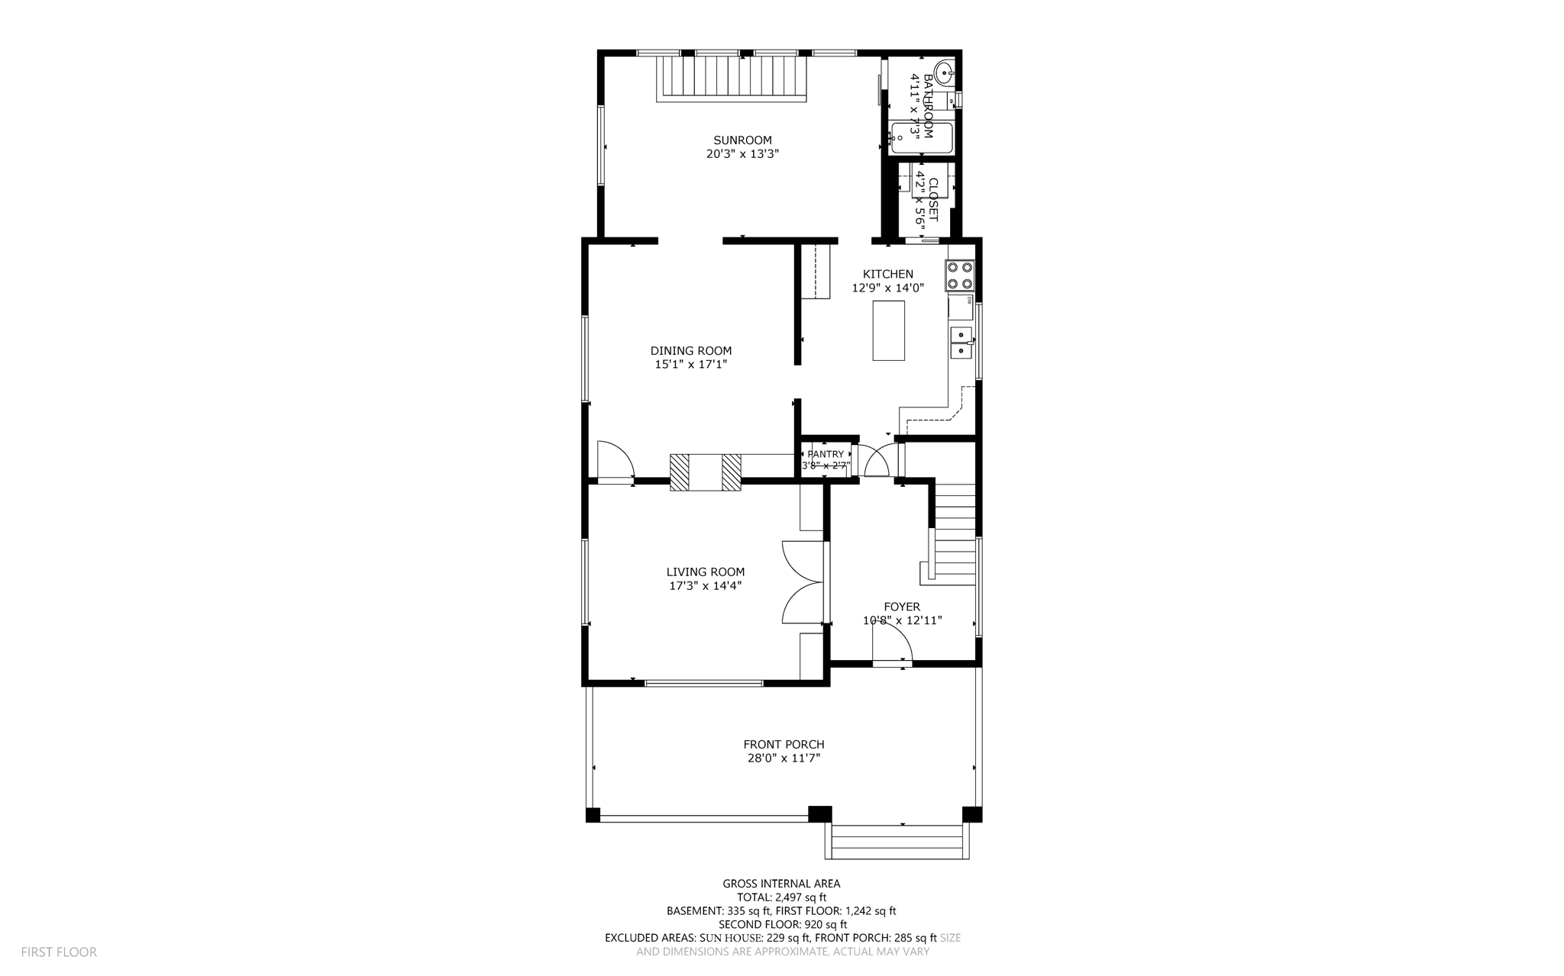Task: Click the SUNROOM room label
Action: [x=742, y=140]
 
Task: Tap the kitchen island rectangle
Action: [x=889, y=330]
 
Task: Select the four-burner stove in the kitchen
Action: [x=960, y=275]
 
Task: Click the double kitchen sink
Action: [x=961, y=343]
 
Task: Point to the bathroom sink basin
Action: [x=945, y=75]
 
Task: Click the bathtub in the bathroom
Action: [x=921, y=138]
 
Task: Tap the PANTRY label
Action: [x=825, y=454]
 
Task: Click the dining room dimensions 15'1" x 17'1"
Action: [x=690, y=365]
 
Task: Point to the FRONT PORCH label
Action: [x=784, y=744]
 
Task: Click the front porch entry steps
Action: [x=897, y=842]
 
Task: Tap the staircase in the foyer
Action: [x=953, y=534]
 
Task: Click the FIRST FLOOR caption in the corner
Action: [x=59, y=952]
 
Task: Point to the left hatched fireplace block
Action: [x=680, y=472]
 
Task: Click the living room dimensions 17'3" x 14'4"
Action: [x=705, y=586]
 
